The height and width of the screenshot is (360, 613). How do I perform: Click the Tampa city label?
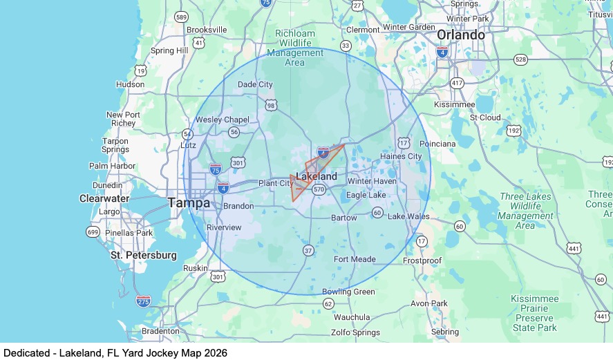[x=189, y=203]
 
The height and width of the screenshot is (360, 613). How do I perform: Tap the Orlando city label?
[x=460, y=35]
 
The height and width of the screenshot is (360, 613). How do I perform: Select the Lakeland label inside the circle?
[x=317, y=176]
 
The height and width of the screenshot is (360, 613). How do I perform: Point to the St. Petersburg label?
[x=144, y=255]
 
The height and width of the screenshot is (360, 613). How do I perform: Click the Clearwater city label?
[x=104, y=198]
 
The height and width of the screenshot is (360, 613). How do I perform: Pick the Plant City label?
[x=276, y=183]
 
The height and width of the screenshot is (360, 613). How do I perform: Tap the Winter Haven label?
[x=372, y=181]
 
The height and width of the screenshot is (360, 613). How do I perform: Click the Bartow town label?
[x=344, y=218]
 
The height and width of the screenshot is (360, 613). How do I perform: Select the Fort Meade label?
[x=355, y=259]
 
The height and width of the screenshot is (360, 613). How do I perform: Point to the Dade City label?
[x=255, y=84]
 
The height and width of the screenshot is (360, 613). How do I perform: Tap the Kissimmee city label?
[x=454, y=104]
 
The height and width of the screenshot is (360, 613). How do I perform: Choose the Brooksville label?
[x=207, y=30]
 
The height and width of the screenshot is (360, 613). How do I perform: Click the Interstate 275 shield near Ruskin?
[x=143, y=301]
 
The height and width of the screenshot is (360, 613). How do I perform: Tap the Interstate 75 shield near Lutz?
[x=216, y=169]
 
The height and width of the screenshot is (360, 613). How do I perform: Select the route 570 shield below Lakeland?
[x=319, y=189]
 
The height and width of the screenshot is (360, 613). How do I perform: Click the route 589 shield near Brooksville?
[x=182, y=17]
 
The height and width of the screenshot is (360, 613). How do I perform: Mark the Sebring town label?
[x=444, y=332]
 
